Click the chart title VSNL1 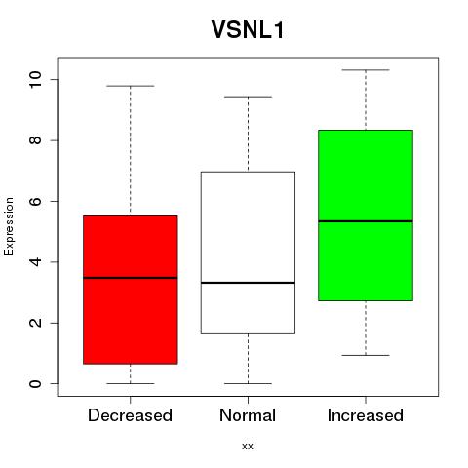pyautogui.click(x=248, y=30)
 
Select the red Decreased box pyautogui.click(x=131, y=290)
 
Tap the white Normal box pyautogui.click(x=248, y=253)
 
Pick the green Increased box pyautogui.click(x=366, y=215)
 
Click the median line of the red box pyautogui.click(x=131, y=278)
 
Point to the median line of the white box pyautogui.click(x=248, y=283)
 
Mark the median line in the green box pyautogui.click(x=366, y=221)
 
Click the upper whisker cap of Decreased pyautogui.click(x=131, y=86)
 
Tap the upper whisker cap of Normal pyautogui.click(x=248, y=97)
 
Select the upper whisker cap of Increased pyautogui.click(x=366, y=70)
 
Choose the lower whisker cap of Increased pyautogui.click(x=366, y=355)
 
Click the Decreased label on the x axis pyautogui.click(x=130, y=415)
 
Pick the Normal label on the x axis pyautogui.click(x=248, y=415)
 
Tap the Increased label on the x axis pyautogui.click(x=366, y=415)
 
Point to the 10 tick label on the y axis pyautogui.click(x=35, y=80)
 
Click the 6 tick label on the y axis pyautogui.click(x=35, y=201)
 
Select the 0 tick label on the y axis pyautogui.click(x=35, y=384)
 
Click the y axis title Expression pyautogui.click(x=9, y=226)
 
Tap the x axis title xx pyautogui.click(x=248, y=447)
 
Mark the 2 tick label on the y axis pyautogui.click(x=35, y=323)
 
